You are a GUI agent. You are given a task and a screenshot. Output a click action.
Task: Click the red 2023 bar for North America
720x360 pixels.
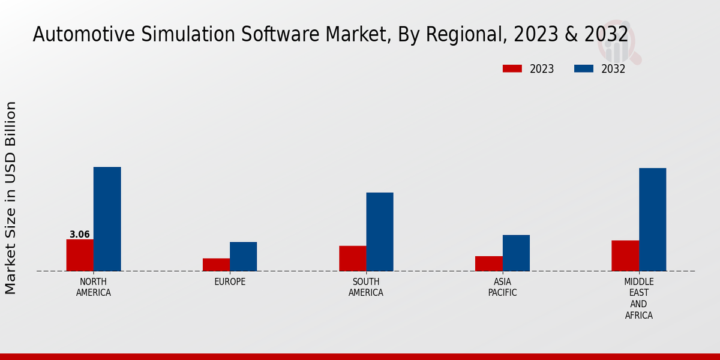coord(80,255)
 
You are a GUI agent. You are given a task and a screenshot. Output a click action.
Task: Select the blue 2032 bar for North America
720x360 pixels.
coord(107,219)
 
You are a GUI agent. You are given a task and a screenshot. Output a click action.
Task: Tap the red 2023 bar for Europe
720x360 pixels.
coord(216,265)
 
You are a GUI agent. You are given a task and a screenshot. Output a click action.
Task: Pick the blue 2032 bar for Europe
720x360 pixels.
coord(243,256)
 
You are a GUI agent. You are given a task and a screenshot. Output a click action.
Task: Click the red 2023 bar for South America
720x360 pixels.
coord(352,258)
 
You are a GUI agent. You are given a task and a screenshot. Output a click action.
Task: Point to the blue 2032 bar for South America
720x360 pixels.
coord(380,232)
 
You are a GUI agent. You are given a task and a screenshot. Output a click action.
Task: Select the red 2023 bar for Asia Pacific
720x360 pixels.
coord(488,263)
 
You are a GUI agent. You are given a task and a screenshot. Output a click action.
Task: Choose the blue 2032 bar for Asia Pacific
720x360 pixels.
coord(516,253)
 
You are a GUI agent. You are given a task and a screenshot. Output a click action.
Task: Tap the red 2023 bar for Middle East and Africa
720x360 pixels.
coord(625,256)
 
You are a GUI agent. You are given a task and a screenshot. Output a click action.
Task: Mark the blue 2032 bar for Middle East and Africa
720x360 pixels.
coord(652,220)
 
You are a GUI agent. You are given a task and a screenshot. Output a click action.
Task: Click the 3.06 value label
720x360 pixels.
coord(80,235)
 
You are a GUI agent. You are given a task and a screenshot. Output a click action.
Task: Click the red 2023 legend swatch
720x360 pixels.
coord(512,68)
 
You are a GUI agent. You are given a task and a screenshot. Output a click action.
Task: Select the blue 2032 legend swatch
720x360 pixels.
coord(583,68)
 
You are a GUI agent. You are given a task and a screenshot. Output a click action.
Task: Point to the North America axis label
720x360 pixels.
coord(94,287)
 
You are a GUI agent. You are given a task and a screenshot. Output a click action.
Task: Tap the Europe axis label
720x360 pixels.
coord(230,281)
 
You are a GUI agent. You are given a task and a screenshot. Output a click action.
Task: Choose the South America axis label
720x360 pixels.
coord(366,287)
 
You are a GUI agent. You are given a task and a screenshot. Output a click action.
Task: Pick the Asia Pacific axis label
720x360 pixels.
coord(502,287)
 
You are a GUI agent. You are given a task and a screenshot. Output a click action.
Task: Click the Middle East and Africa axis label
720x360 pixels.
coord(638,298)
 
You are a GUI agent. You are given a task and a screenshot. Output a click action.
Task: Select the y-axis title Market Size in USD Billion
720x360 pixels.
coord(11,198)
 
